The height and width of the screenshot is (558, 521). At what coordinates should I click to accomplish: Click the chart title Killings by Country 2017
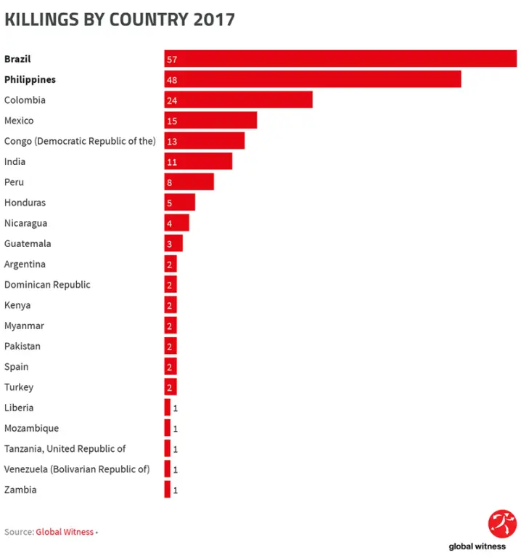click(120, 20)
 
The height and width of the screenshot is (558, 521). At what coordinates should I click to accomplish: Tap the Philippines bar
click(312, 79)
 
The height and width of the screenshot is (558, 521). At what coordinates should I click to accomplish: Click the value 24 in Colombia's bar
click(172, 100)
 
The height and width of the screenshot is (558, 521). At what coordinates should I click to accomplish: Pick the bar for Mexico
click(210, 121)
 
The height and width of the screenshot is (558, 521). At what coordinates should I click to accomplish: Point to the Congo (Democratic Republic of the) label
click(80, 141)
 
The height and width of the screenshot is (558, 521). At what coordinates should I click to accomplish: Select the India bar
click(198, 161)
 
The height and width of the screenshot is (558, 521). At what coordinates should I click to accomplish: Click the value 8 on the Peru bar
click(169, 182)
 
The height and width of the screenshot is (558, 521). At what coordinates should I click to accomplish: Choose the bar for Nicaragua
click(176, 223)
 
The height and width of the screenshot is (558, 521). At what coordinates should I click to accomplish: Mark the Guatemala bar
click(173, 243)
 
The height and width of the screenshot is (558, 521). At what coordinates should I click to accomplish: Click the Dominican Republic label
click(47, 285)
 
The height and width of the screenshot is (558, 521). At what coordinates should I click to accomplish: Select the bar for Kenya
click(171, 305)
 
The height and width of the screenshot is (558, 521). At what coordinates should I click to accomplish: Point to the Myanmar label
click(24, 325)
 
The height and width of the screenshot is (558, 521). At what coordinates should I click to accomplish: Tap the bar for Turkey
click(171, 387)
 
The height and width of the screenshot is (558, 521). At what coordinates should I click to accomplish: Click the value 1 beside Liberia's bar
click(175, 408)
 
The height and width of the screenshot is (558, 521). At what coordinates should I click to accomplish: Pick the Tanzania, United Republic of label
click(65, 449)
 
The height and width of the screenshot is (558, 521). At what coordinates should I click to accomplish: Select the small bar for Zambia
click(168, 490)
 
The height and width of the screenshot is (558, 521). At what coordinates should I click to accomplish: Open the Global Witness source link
click(65, 532)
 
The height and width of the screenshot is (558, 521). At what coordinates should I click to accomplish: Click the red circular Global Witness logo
click(502, 524)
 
